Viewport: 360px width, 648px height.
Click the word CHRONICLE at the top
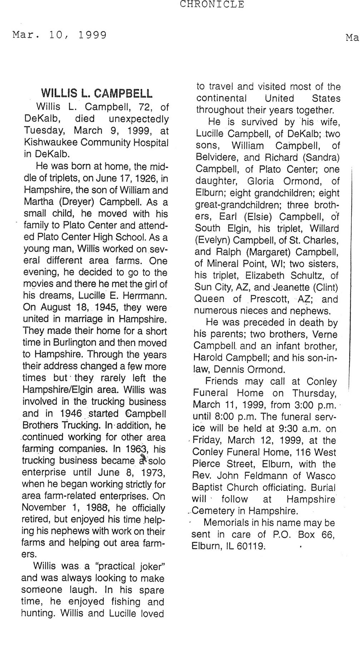click(x=212, y=4)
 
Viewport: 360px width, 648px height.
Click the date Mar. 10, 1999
click(x=60, y=35)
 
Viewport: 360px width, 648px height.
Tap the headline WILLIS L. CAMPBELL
click(x=97, y=94)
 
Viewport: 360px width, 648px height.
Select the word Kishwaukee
click(x=50, y=142)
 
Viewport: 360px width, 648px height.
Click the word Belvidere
click(x=216, y=157)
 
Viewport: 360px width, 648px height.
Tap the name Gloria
click(x=261, y=181)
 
